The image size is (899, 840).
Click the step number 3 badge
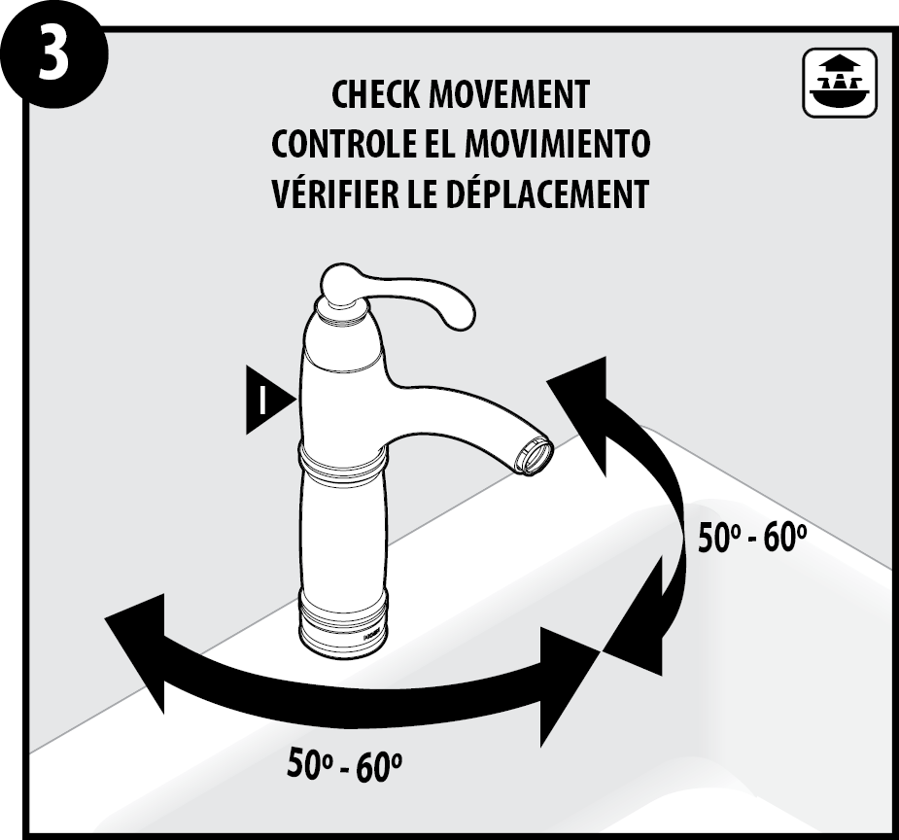(x=53, y=53)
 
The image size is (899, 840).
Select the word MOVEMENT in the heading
(x=509, y=95)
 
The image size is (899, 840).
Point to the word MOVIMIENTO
(x=557, y=144)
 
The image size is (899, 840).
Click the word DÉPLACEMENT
(x=546, y=193)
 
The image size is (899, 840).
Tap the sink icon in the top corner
(x=840, y=84)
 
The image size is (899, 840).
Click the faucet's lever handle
(x=396, y=296)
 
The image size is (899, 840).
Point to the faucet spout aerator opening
(x=535, y=455)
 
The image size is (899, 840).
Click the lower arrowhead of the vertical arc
(x=637, y=619)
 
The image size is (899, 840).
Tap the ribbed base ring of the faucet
(x=343, y=625)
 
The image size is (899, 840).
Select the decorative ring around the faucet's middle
(x=343, y=457)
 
